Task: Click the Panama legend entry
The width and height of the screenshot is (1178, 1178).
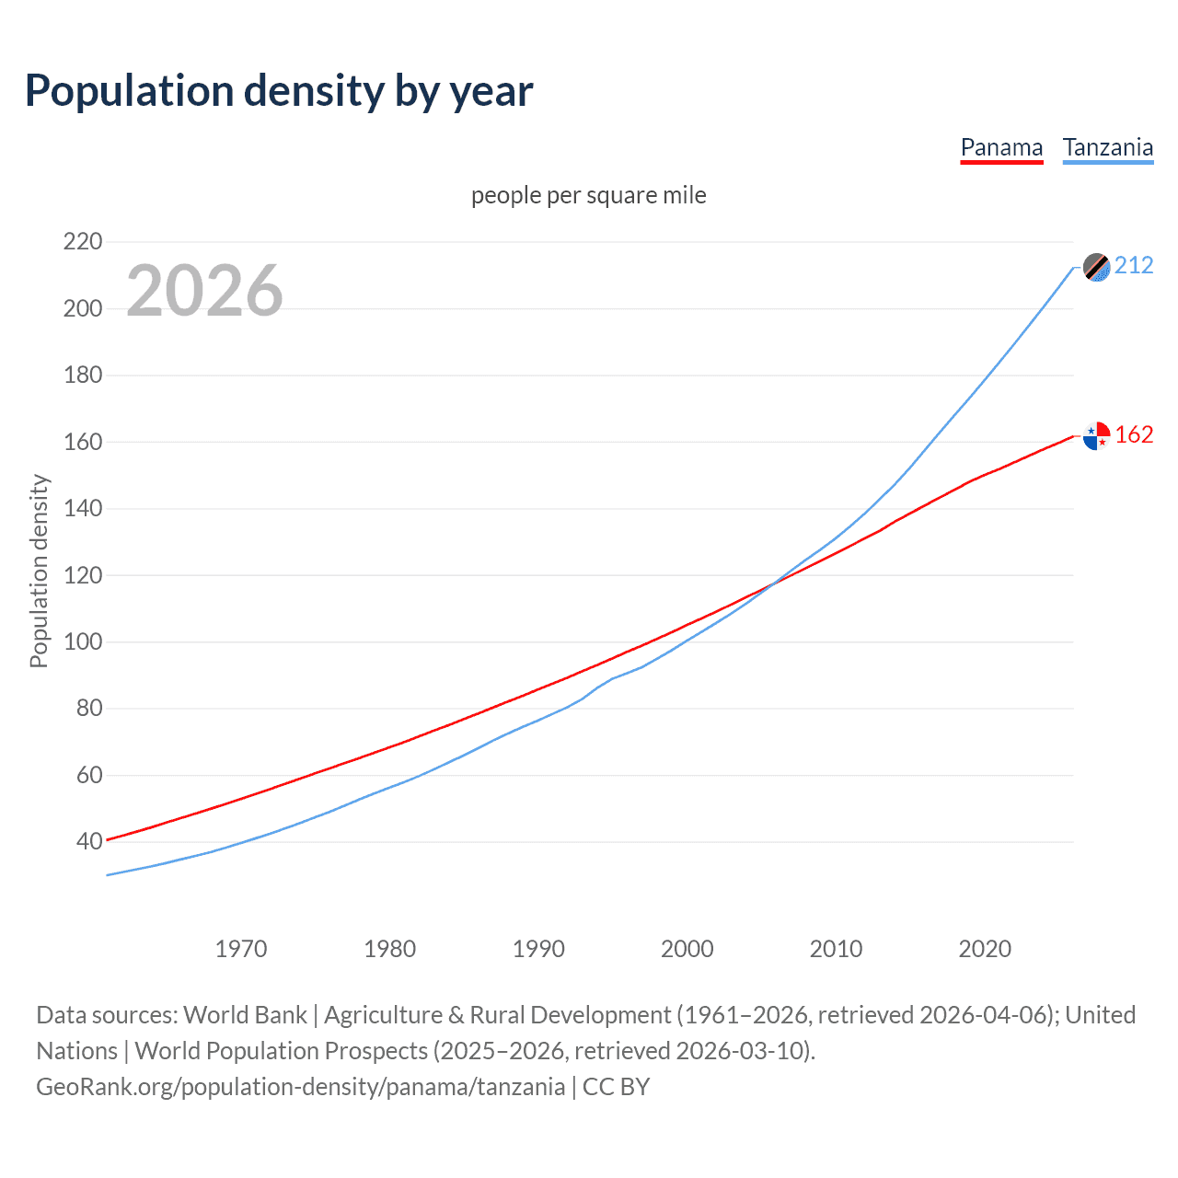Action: (x=1001, y=148)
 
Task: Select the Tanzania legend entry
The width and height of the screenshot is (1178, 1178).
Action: (x=1107, y=148)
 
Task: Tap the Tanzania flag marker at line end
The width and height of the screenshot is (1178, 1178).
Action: (x=1096, y=267)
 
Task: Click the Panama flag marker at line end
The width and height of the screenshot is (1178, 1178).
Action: (x=1096, y=435)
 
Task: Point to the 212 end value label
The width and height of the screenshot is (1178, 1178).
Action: (x=1134, y=266)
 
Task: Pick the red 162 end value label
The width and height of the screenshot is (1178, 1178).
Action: (x=1134, y=435)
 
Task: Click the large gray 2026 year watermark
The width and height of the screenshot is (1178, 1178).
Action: (x=204, y=291)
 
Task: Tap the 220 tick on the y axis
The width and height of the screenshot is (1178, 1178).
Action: (x=83, y=242)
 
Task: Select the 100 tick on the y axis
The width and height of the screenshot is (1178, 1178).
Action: (x=83, y=641)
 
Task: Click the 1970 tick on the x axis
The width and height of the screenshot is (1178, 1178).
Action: (x=241, y=949)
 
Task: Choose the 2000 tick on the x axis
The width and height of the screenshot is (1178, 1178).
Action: (x=687, y=949)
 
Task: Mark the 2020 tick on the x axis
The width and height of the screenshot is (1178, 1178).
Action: (x=985, y=949)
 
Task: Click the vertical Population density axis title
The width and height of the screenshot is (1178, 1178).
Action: (x=39, y=571)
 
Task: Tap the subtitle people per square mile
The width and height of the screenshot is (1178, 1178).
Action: (x=589, y=196)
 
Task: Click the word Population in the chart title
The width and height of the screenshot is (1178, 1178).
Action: (x=129, y=91)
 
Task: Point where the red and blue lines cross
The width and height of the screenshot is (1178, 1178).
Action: (x=771, y=583)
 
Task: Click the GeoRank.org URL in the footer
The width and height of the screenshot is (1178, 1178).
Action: (x=300, y=1087)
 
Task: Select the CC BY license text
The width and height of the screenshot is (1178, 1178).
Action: (x=616, y=1087)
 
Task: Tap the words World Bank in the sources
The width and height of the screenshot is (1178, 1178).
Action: (x=245, y=1015)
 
